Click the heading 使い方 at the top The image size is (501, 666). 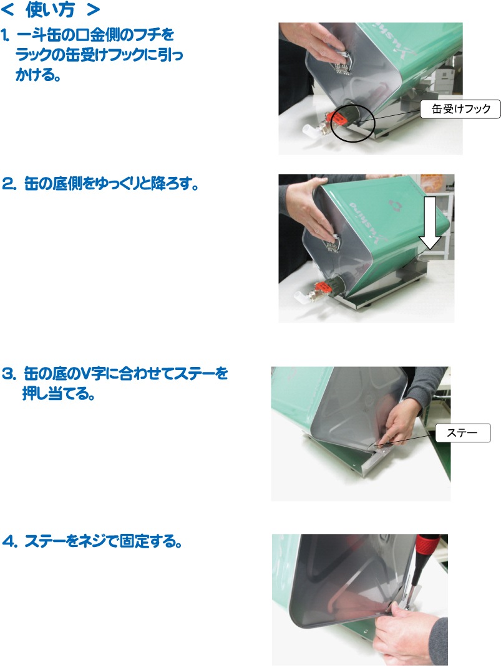pos(50,10)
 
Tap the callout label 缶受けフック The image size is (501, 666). pos(460,109)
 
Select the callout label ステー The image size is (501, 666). pos(463,433)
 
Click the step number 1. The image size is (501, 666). pos(5,36)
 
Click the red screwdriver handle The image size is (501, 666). pos(426,548)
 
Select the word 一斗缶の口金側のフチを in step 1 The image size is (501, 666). pos(95,36)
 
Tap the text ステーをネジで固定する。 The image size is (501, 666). pos(104,541)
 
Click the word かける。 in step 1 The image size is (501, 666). pos(38,75)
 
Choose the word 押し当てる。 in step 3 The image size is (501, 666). pos(58,394)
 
